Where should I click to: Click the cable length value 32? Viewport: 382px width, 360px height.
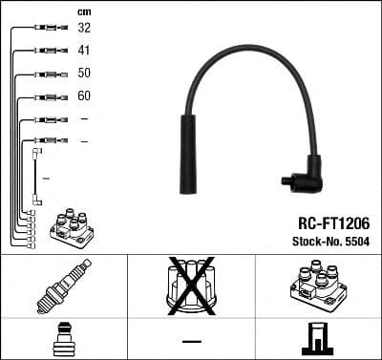pyautogui.click(x=84, y=28)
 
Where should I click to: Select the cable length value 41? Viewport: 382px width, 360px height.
pyautogui.click(x=84, y=51)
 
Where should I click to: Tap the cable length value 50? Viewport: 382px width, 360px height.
pyautogui.click(x=84, y=74)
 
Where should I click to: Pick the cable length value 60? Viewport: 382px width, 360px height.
pyautogui.click(x=84, y=96)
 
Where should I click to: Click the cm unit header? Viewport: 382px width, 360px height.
pyautogui.click(x=84, y=11)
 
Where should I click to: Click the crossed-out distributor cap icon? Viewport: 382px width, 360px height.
pyautogui.click(x=191, y=286)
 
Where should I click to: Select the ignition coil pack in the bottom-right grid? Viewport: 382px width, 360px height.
pyautogui.click(x=317, y=287)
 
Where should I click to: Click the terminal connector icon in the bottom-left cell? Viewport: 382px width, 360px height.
pyautogui.click(x=63, y=341)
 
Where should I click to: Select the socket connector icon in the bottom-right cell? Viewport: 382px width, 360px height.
pyautogui.click(x=317, y=341)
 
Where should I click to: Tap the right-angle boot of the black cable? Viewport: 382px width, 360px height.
pyautogui.click(x=305, y=174)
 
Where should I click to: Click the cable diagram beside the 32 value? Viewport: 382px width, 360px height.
pyautogui.click(x=46, y=29)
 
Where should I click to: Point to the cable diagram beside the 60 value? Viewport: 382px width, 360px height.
pyautogui.click(x=46, y=96)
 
